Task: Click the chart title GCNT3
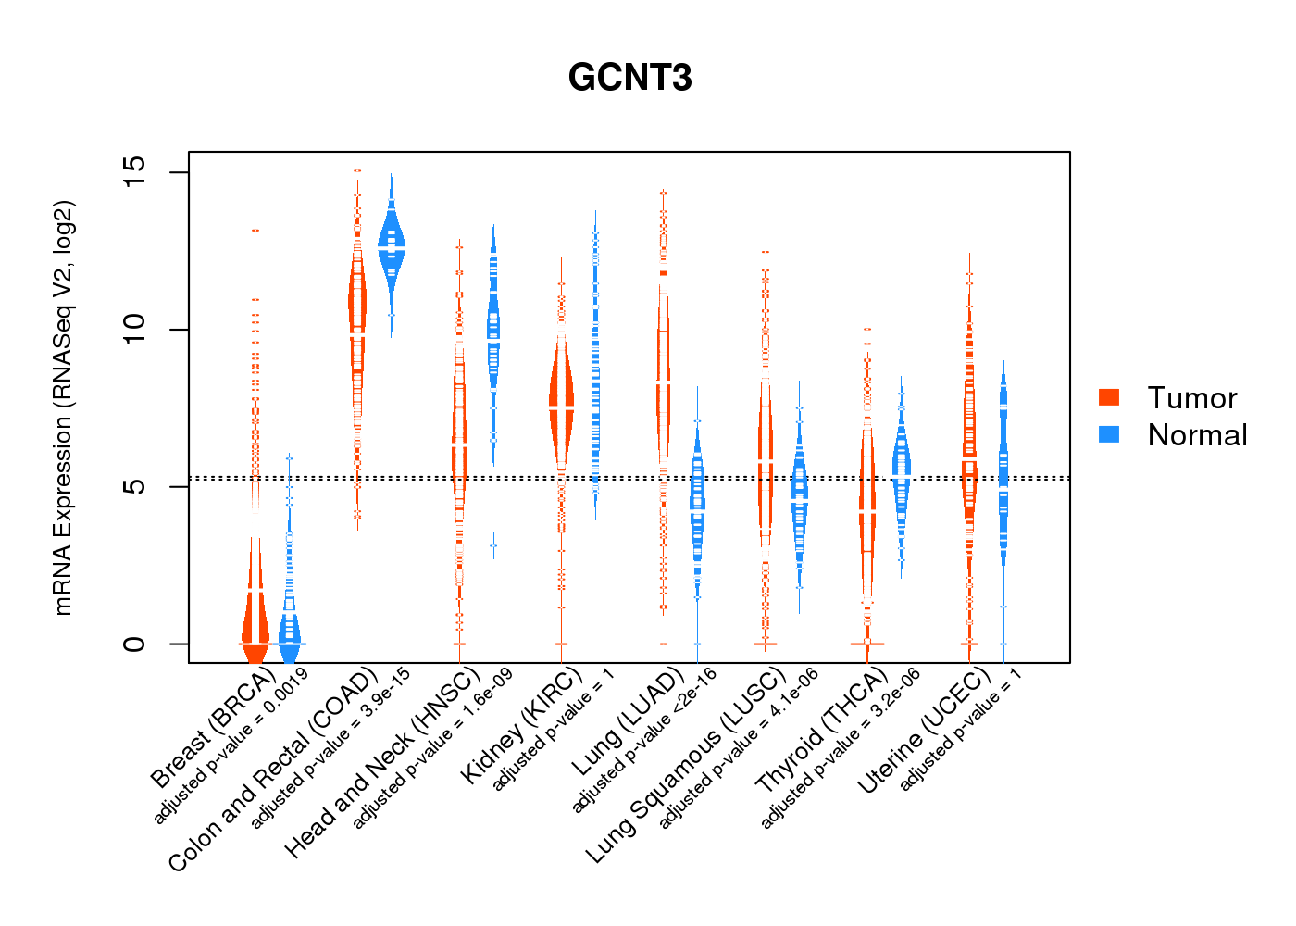click(x=629, y=79)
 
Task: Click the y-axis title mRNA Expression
click(x=63, y=407)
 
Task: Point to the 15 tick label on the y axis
click(x=135, y=172)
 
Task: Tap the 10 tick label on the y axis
click(x=135, y=330)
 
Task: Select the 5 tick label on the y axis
click(x=135, y=487)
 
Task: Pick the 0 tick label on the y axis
click(x=135, y=644)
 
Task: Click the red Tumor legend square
click(x=1109, y=397)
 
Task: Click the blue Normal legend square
click(x=1109, y=434)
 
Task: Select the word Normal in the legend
click(x=1197, y=435)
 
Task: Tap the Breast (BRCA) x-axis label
click(x=213, y=728)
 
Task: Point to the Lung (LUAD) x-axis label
click(x=627, y=722)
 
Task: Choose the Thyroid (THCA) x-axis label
click(x=821, y=732)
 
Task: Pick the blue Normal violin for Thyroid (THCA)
click(x=901, y=472)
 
